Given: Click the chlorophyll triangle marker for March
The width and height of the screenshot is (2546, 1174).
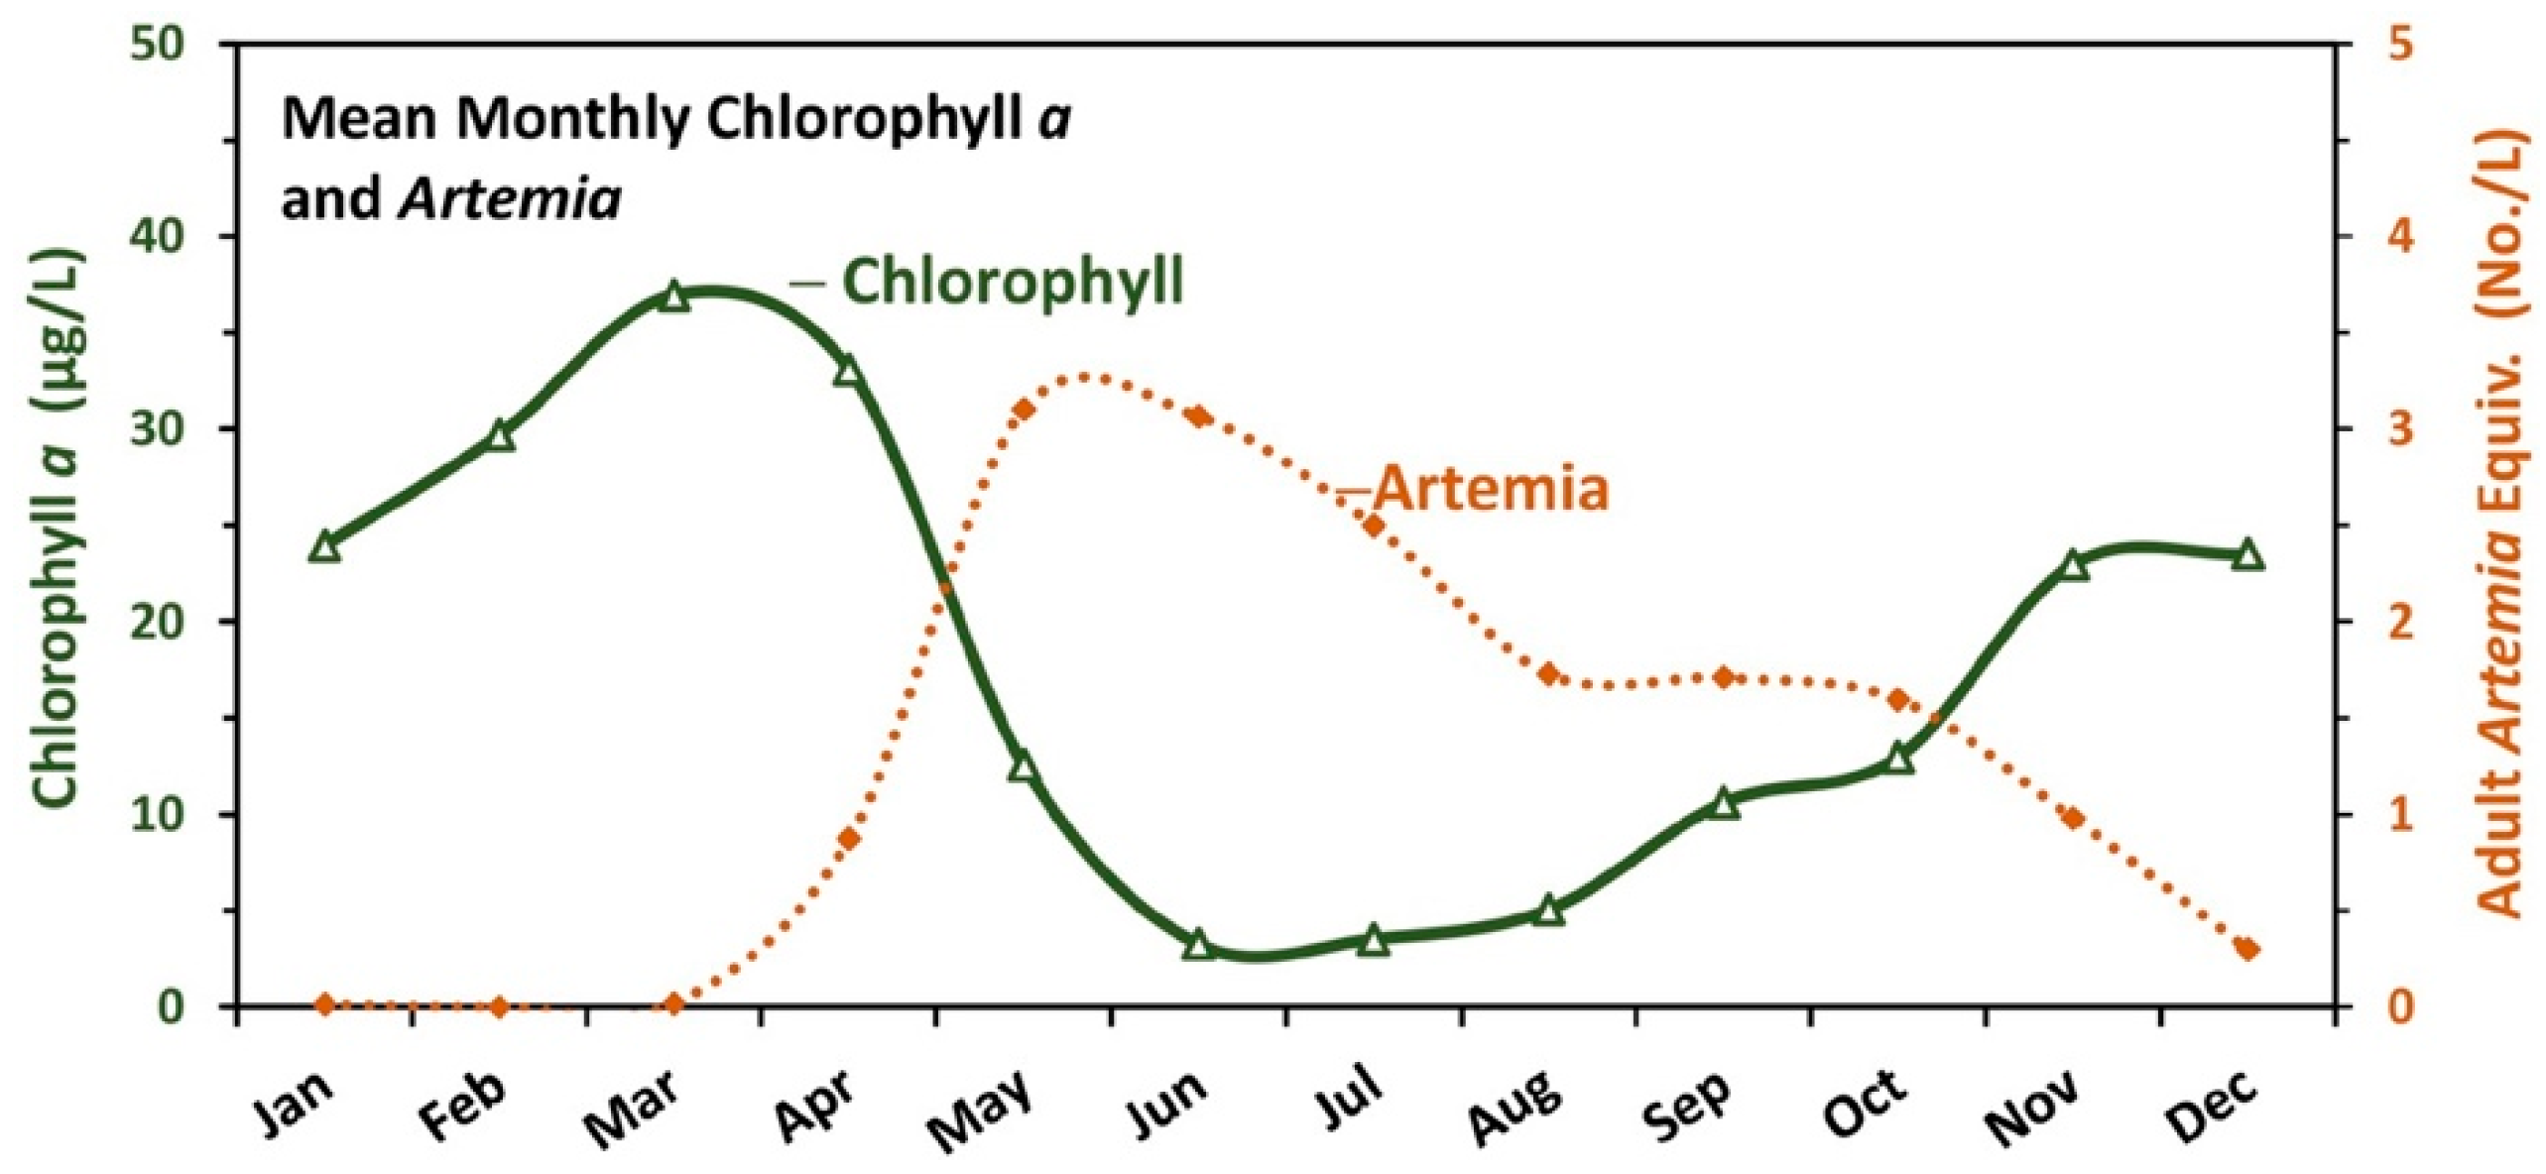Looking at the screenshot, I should pos(673,296).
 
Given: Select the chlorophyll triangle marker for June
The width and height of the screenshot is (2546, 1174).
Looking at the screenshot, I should pos(1198,945).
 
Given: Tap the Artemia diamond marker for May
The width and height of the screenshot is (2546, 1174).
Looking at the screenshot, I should pos(1025,410).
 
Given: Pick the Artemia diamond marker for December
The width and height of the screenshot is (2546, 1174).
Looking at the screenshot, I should pos(2247,949).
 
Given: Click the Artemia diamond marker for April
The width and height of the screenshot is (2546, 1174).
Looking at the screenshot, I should pos(849,839).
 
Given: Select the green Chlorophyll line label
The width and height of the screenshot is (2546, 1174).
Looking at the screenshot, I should pos(1012,282).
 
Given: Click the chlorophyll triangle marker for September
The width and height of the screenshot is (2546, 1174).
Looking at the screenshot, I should pos(1724,803).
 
